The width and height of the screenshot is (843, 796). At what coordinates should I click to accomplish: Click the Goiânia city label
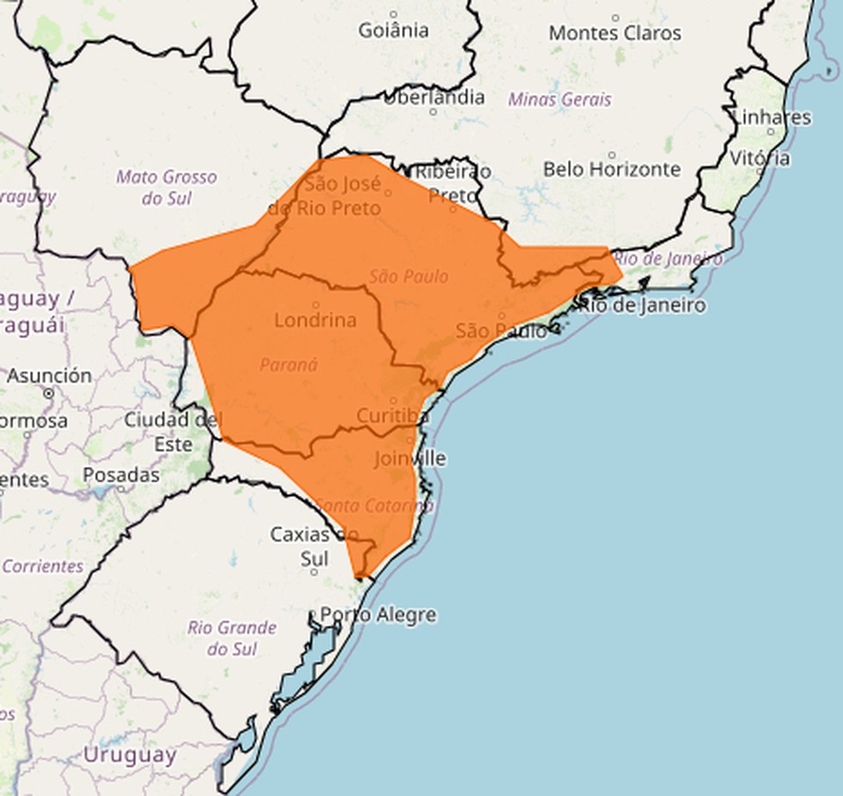393,31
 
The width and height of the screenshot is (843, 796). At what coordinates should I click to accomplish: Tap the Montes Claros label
614,33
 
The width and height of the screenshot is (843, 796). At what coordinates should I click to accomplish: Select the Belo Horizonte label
612,169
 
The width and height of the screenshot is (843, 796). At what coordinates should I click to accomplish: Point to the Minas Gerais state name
559,99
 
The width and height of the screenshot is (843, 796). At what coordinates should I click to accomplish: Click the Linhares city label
772,117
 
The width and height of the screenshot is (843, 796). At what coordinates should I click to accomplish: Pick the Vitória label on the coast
760,158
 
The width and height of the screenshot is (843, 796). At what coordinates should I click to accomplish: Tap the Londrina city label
315,320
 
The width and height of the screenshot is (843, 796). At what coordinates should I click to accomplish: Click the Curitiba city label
393,416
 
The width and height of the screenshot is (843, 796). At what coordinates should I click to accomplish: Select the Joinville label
410,458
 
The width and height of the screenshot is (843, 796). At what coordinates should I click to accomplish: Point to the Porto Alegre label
378,614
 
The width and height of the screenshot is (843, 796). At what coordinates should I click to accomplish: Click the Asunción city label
49,375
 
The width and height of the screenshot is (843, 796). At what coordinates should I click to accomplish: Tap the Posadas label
121,474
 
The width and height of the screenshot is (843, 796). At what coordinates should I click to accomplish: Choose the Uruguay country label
129,755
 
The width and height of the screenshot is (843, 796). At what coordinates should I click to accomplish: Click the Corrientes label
43,566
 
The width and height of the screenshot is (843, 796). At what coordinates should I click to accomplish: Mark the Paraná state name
289,364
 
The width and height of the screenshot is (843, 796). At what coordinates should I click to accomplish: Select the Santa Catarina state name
374,506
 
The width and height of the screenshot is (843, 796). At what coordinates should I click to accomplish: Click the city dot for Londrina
315,304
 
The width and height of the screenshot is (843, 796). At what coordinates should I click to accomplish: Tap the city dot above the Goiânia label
393,15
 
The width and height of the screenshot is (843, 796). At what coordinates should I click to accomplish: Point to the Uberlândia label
433,97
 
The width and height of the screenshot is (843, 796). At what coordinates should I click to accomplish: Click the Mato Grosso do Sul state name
167,188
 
